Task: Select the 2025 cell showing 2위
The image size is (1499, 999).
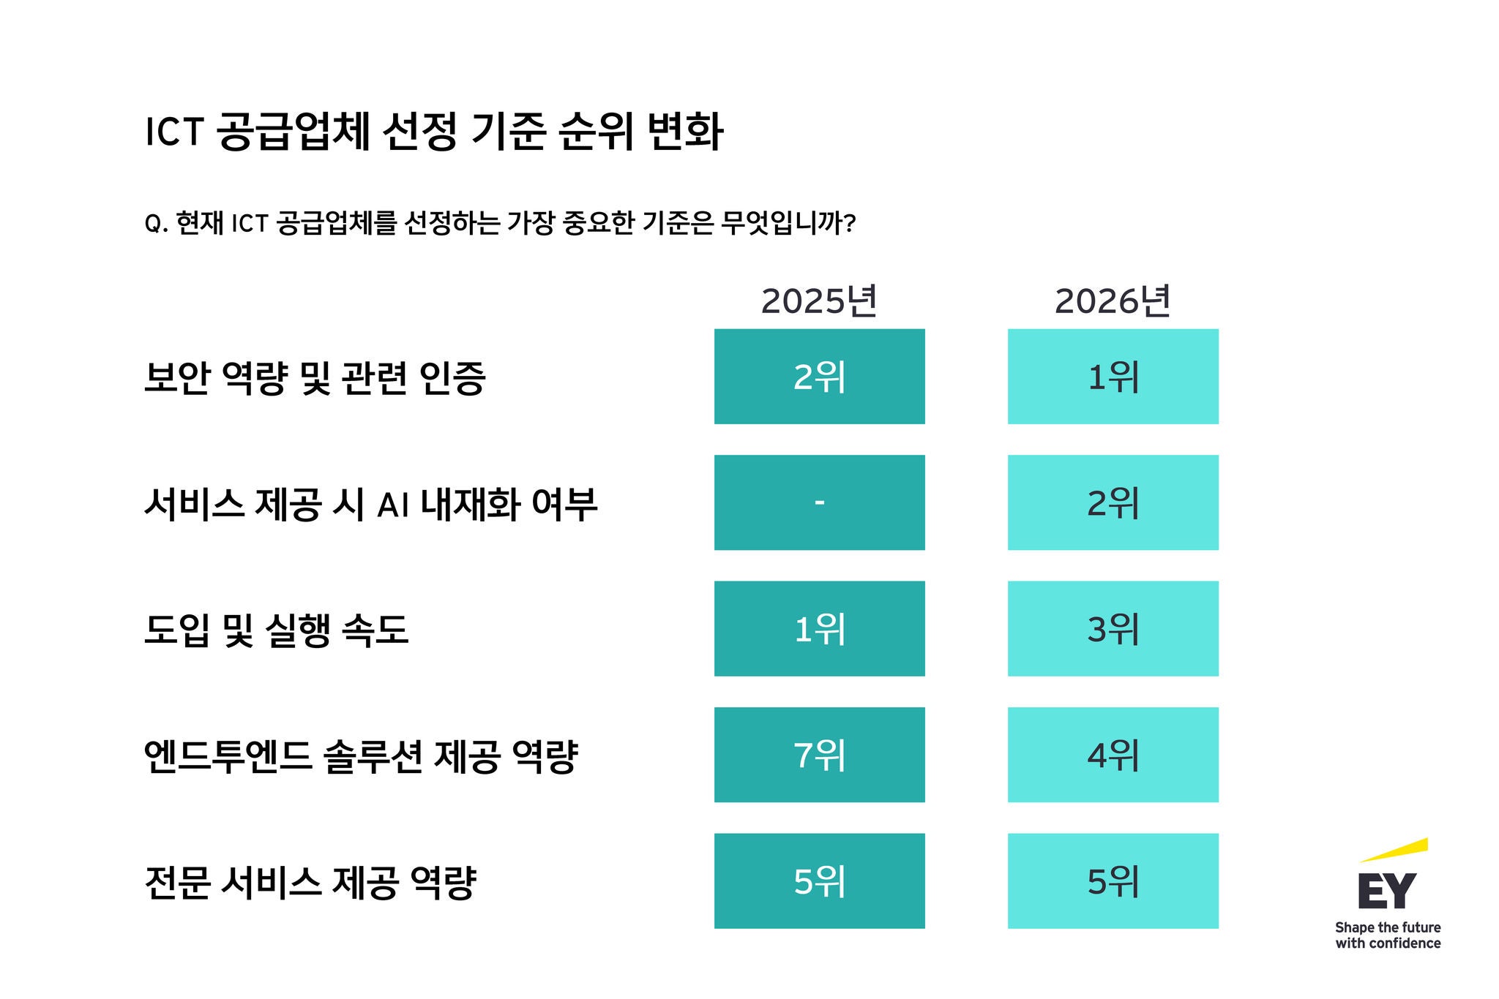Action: (x=819, y=377)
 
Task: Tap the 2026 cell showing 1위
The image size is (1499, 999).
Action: (x=1113, y=377)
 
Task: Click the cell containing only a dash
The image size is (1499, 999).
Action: (x=819, y=502)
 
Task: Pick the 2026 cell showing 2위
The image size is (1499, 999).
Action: (x=1113, y=502)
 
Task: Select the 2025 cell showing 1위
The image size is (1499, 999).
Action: (x=819, y=629)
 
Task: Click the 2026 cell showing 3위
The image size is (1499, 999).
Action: (x=1113, y=629)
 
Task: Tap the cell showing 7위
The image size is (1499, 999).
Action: (x=819, y=755)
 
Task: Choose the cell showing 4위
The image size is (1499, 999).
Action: (x=1113, y=755)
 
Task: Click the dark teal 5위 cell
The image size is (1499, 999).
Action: (x=819, y=881)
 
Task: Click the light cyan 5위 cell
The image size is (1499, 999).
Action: (x=1113, y=881)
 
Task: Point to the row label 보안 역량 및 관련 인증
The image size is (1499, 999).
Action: (x=315, y=378)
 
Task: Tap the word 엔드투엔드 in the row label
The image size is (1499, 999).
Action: (x=228, y=756)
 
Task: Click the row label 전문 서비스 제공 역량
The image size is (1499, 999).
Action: (x=310, y=883)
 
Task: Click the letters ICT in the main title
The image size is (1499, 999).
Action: (x=173, y=132)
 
